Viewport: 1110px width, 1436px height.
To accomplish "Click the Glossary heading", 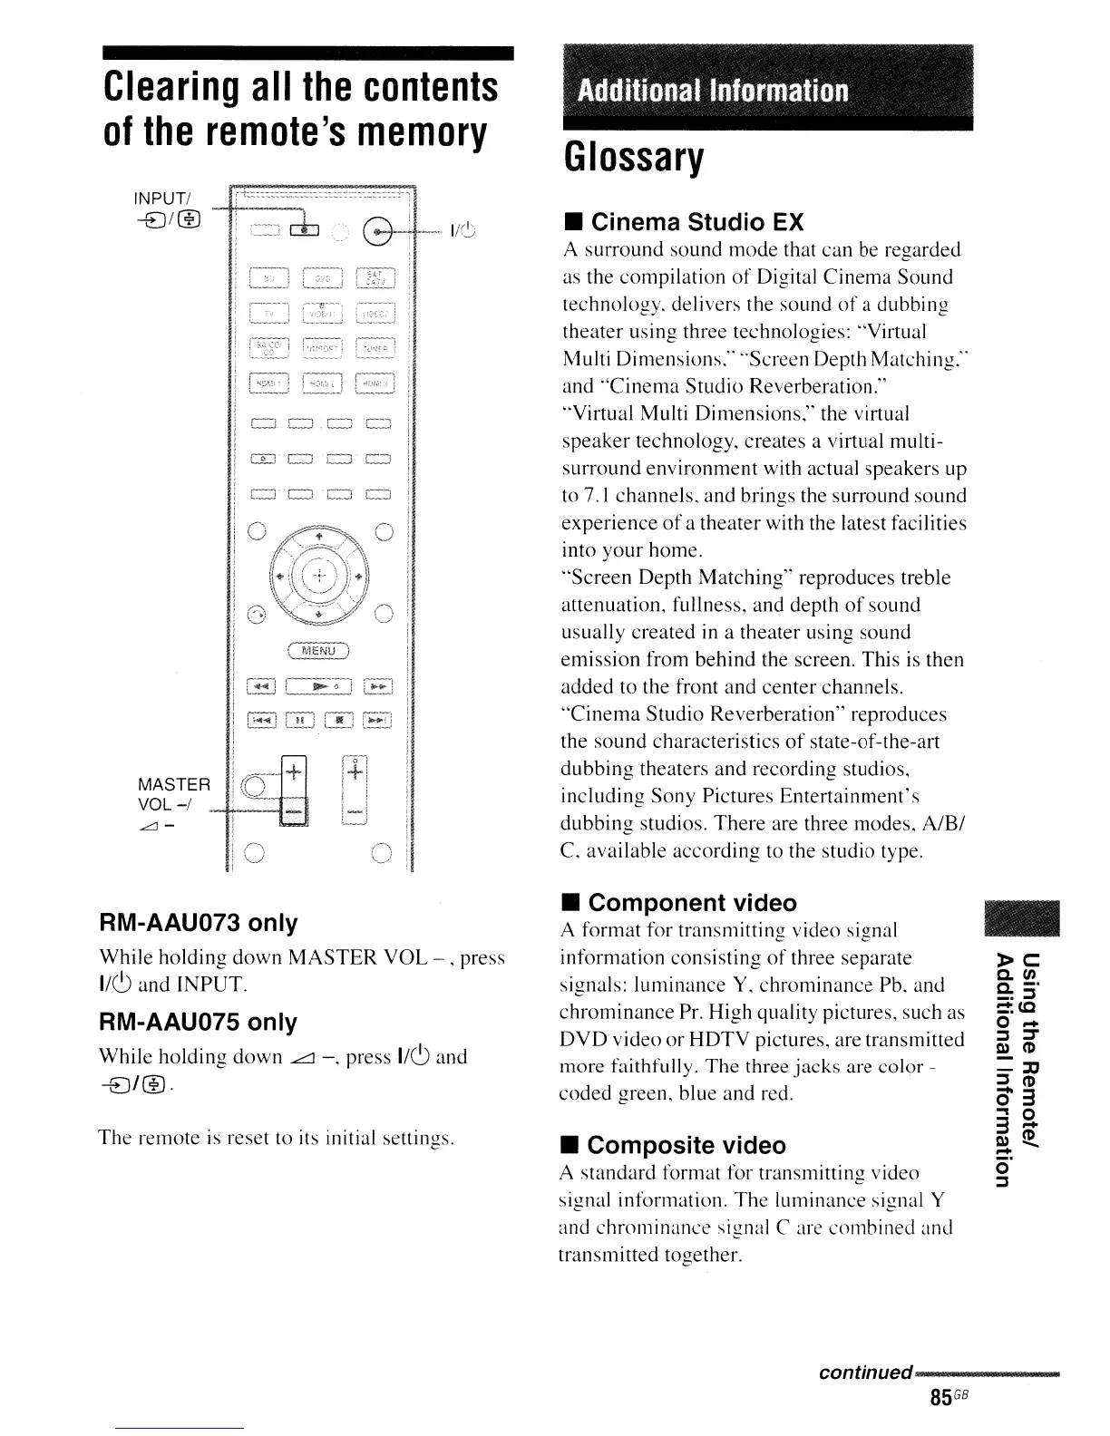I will coord(633,159).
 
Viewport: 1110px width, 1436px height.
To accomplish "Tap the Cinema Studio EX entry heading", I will coord(696,222).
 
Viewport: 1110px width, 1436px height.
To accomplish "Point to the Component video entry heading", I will coord(692,902).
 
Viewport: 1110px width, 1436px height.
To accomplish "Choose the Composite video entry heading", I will coord(686,1145).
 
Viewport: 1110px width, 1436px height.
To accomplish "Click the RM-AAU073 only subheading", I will coord(198,923).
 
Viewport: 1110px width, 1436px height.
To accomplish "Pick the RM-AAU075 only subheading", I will coord(198,1022).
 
